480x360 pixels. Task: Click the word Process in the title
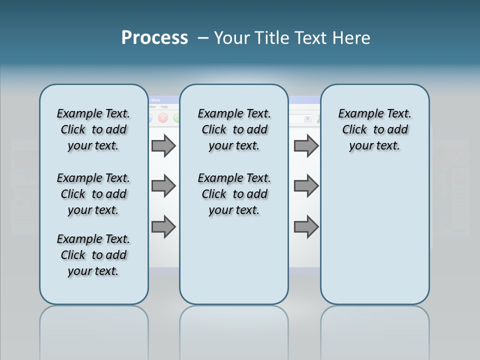click(x=154, y=37)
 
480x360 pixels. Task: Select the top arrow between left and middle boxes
click(x=163, y=145)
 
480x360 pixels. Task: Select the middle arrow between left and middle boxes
click(x=163, y=186)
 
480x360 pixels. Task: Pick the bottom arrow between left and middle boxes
click(x=163, y=226)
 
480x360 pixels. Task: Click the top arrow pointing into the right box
click(x=305, y=145)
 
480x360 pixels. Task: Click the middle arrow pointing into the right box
click(x=305, y=186)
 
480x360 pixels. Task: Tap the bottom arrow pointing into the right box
click(x=305, y=226)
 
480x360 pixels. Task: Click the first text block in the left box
click(x=93, y=129)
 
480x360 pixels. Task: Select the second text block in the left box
click(x=93, y=194)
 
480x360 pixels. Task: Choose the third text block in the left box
click(x=93, y=255)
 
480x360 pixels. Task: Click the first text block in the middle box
click(x=234, y=129)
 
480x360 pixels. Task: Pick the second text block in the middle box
click(x=234, y=194)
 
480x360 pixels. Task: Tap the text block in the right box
click(x=374, y=129)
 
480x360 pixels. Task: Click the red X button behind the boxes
click(x=162, y=118)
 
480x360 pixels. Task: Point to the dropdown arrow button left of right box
click(x=307, y=118)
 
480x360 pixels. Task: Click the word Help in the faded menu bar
click(x=164, y=106)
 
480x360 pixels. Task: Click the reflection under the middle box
click(x=234, y=330)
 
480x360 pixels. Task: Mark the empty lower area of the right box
click(x=374, y=235)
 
